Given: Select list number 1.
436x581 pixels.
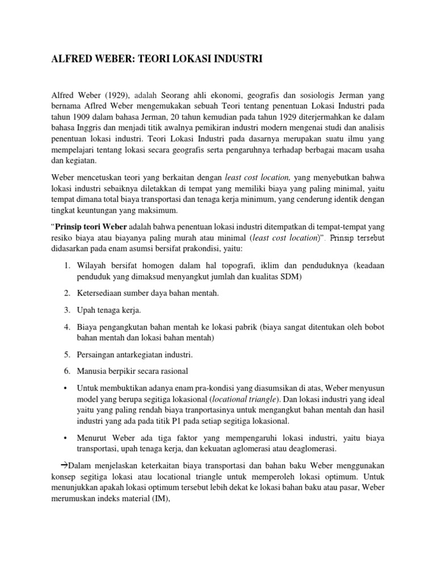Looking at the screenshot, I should click(66, 266).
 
